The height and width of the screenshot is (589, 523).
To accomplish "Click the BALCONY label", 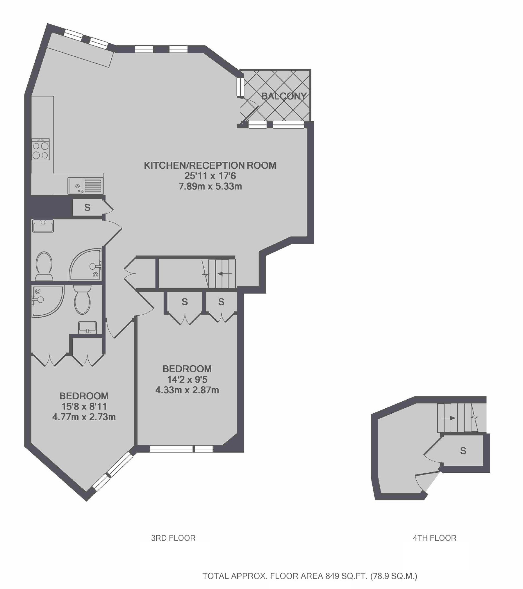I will click(284, 96).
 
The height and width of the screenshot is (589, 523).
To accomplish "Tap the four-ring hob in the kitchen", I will click(40, 149).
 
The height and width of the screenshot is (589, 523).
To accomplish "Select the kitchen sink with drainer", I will click(85, 186).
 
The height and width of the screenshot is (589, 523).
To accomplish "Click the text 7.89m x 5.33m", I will click(210, 186).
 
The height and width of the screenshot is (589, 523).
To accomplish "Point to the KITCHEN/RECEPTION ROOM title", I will click(210, 166).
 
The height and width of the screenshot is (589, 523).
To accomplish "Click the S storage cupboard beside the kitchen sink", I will click(87, 207).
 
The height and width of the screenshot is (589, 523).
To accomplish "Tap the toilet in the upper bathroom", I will click(44, 266).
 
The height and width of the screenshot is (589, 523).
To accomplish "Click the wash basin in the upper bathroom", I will click(43, 226).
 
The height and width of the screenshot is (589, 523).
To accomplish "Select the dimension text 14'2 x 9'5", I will click(187, 380).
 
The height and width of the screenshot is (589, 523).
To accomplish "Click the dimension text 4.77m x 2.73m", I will click(84, 417).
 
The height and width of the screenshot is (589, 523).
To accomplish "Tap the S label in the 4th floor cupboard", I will click(463, 451).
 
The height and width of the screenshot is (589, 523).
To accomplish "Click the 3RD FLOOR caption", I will click(173, 538).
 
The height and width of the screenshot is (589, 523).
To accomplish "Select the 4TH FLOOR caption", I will click(435, 538).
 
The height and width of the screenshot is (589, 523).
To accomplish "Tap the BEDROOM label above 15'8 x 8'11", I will click(84, 396).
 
